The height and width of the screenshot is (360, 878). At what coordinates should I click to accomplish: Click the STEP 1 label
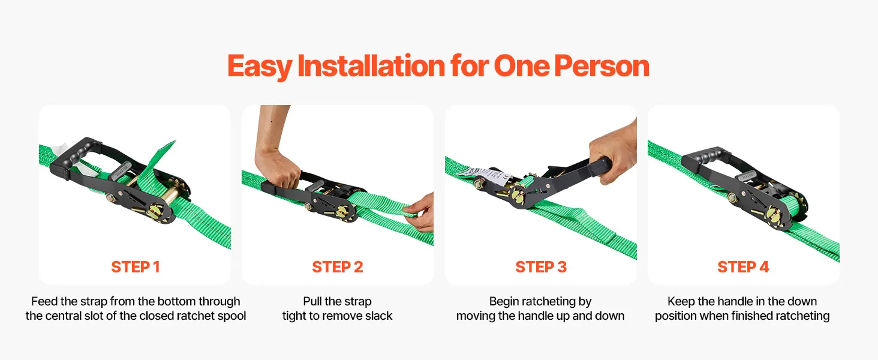135,267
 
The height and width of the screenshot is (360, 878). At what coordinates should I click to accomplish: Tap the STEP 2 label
338,267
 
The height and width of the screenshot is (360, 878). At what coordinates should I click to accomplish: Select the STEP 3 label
541,267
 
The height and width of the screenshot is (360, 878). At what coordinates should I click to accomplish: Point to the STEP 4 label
743,267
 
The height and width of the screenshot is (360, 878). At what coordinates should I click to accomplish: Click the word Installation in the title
371,65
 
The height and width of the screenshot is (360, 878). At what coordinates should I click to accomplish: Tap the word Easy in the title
260,67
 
